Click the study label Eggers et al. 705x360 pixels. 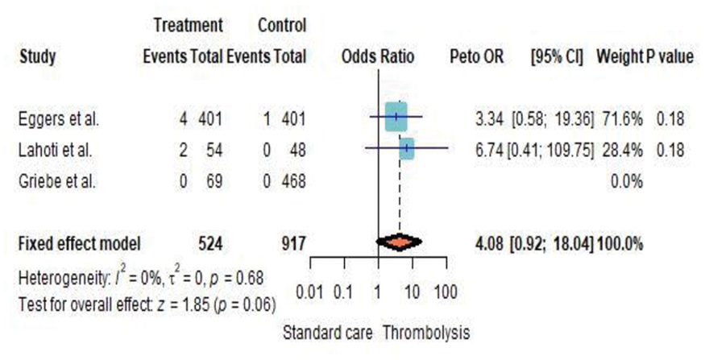(x=58, y=119)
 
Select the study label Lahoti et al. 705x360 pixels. (x=56, y=150)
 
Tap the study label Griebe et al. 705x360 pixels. (x=57, y=181)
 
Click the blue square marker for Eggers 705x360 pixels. (x=396, y=117)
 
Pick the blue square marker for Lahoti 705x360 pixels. (x=407, y=148)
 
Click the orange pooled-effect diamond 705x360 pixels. (x=400, y=242)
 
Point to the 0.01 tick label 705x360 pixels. (x=310, y=292)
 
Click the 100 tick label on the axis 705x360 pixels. (x=446, y=292)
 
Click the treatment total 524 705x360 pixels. (x=210, y=243)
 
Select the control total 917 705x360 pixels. (x=293, y=243)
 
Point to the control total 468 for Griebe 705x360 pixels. (x=293, y=181)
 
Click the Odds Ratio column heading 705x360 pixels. (x=378, y=56)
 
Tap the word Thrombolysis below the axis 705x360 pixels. (x=426, y=333)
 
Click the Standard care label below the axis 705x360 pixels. (x=328, y=333)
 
